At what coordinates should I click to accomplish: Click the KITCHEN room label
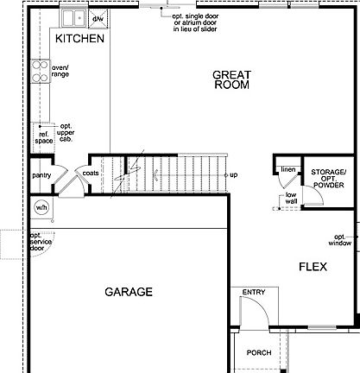79,40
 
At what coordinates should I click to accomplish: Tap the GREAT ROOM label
231,80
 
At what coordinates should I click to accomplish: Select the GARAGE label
129,292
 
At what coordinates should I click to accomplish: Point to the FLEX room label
313,267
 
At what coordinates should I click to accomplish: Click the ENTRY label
254,293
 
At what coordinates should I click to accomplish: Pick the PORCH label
258,353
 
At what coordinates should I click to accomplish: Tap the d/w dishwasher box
98,17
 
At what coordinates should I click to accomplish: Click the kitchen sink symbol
73,17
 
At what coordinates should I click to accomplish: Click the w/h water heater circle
41,208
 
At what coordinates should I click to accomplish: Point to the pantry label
41,175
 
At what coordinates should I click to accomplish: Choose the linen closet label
287,169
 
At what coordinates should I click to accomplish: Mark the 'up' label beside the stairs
233,175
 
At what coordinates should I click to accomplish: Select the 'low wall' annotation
291,199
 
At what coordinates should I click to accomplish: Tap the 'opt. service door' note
40,243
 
